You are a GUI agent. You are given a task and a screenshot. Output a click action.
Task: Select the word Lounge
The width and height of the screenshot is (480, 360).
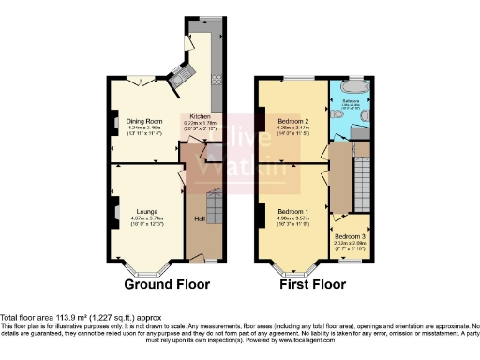coord(145,211)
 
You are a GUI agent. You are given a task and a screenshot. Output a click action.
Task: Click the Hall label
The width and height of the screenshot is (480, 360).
coord(198,218)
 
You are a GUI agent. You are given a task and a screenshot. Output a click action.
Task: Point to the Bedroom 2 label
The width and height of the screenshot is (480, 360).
coord(293,123)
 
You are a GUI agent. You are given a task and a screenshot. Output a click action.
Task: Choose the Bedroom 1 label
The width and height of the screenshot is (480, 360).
coord(293,212)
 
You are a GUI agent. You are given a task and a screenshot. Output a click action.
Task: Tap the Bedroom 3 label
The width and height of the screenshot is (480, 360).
coord(350,235)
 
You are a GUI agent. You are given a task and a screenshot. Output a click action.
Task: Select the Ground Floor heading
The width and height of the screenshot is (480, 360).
coord(167,284)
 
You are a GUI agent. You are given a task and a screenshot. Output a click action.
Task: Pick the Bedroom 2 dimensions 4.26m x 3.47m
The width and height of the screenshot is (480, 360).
coord(294,129)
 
